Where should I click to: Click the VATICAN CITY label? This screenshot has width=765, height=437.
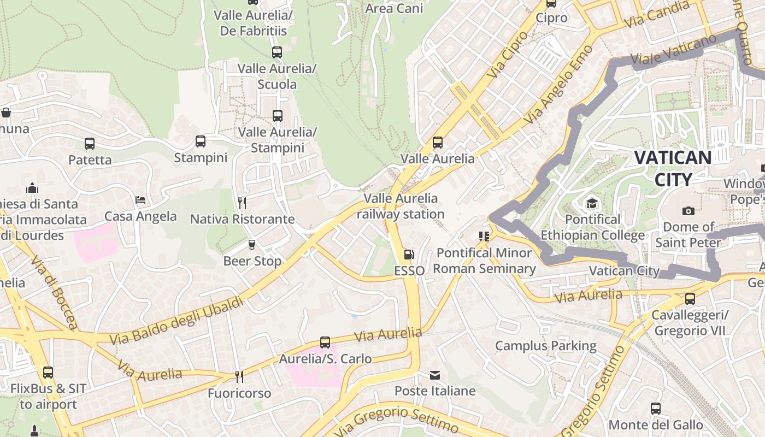point(673,168)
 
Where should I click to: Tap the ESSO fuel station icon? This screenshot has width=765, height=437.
point(409,255)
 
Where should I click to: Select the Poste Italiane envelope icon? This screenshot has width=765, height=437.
point(435,375)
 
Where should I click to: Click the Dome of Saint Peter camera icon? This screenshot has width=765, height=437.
point(688,211)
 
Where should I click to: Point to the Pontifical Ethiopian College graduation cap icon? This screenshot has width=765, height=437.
point(592,204)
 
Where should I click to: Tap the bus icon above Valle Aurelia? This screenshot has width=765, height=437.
point(437,143)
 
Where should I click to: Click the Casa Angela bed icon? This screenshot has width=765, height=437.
point(140,200)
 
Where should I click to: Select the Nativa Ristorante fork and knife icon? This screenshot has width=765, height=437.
point(242,203)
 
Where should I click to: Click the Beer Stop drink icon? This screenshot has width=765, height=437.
point(252,244)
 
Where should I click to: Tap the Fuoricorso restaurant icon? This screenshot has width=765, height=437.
point(239,376)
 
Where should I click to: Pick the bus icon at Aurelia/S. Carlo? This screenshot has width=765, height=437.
point(325,342)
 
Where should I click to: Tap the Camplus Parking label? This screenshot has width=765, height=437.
point(545,346)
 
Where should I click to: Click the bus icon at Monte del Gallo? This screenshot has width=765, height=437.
point(655,408)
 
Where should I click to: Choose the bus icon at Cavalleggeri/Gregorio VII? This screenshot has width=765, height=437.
point(690,299)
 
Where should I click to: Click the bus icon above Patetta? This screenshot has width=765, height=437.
point(90,144)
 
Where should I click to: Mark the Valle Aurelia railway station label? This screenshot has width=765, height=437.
point(401,206)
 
